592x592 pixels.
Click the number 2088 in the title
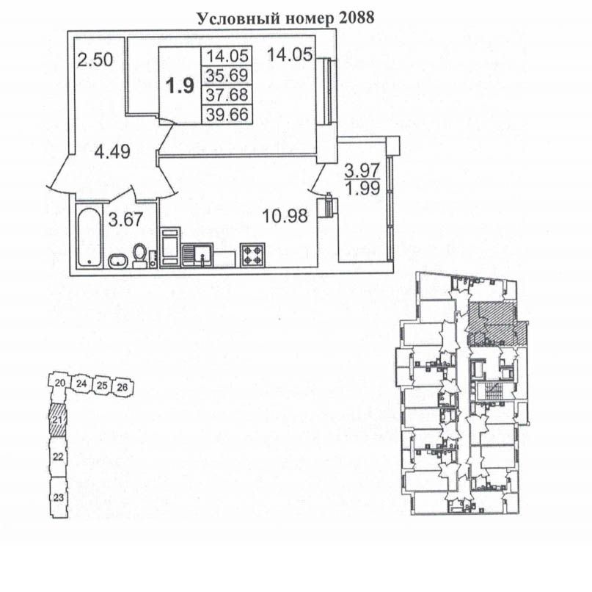(x=357, y=18)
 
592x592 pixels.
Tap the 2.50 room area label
(x=95, y=60)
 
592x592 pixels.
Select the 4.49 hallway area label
(x=112, y=152)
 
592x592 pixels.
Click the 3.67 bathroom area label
(x=125, y=220)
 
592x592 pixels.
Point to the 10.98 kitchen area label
(x=285, y=216)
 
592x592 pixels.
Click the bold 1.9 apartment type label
(x=180, y=86)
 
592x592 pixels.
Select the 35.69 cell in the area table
(x=227, y=75)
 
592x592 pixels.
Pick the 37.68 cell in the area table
(x=227, y=95)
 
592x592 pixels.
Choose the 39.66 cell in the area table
(x=227, y=114)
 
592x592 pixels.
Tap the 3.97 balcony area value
(x=362, y=170)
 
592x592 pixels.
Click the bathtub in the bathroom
(x=89, y=237)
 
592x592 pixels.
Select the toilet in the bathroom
(x=139, y=256)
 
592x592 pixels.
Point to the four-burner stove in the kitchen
(x=252, y=255)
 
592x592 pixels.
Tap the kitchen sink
(x=197, y=256)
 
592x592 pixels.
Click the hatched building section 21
(x=58, y=419)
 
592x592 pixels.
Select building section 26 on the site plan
(x=123, y=387)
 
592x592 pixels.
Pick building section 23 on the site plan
(x=58, y=497)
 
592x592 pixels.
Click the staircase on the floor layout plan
(x=491, y=391)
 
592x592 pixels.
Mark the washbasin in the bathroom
(x=119, y=261)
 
